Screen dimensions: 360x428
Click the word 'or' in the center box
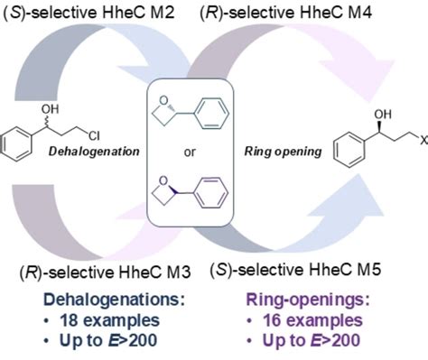(x=190, y=152)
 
